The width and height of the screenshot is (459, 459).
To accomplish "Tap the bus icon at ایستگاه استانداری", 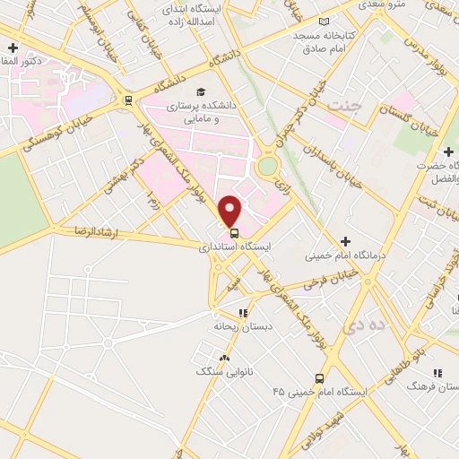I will (x=234, y=232).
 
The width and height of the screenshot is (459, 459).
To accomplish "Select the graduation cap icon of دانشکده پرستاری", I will (x=203, y=91).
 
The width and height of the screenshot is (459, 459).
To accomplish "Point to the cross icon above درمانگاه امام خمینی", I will (x=344, y=242).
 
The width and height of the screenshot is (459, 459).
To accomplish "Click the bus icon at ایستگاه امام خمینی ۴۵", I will (x=319, y=378).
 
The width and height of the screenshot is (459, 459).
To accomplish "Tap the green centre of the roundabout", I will (x=267, y=166).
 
